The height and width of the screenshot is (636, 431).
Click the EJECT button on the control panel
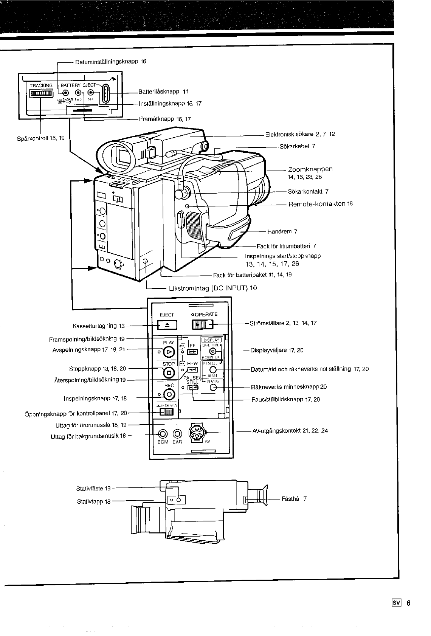click(167, 325)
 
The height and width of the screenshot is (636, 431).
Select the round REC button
click(169, 395)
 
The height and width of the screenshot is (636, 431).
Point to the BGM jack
click(163, 433)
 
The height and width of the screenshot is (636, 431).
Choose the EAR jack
click(177, 433)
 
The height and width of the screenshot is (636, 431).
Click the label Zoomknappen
click(310, 169)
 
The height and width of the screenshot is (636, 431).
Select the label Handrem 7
click(282, 231)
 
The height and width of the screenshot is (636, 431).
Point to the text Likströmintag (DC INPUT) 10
click(212, 288)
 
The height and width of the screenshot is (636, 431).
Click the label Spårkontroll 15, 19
click(41, 138)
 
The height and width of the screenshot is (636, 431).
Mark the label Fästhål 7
click(294, 499)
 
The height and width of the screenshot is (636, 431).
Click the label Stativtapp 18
click(93, 501)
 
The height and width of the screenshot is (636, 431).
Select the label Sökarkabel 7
click(297, 146)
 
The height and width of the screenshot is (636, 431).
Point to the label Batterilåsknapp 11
click(163, 92)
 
